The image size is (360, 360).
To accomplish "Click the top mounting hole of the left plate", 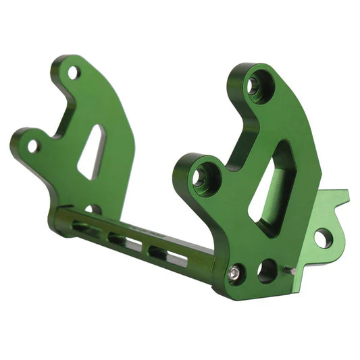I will point(74,72).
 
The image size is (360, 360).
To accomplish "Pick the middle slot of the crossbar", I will point(126,240).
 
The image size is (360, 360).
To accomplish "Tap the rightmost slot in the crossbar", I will point(168,255).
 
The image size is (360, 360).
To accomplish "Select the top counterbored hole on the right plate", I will point(255,86).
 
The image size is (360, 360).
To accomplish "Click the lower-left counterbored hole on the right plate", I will point(201,178).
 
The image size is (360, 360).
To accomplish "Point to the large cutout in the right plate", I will point(270,189).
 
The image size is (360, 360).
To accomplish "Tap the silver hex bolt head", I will point(234,272).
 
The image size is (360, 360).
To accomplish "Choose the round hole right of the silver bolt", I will point(267,270).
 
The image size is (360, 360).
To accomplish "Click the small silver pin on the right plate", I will point(291,271).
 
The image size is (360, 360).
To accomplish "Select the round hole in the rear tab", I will point(323,238).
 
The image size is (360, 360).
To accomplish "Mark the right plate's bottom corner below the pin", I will point(297,289).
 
